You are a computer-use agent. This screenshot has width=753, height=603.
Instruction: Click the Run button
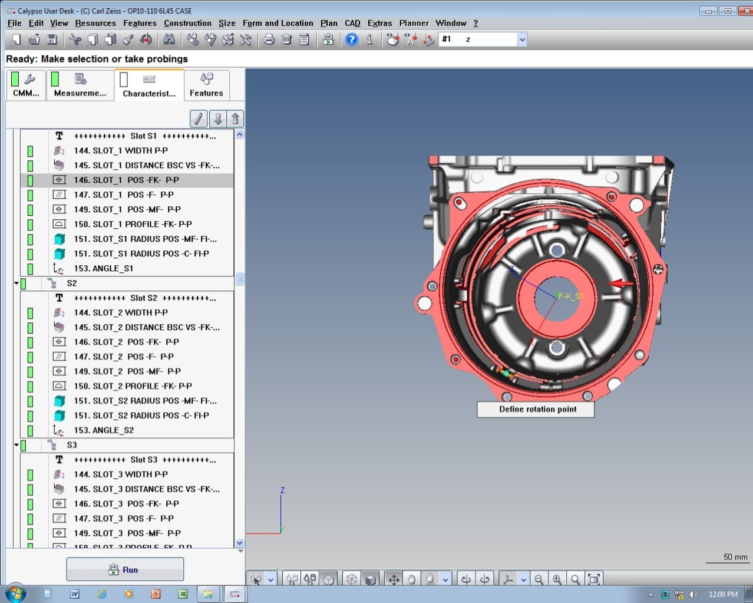(124, 569)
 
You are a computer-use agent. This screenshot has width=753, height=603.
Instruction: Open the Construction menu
(187, 23)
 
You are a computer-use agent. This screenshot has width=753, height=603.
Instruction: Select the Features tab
(206, 85)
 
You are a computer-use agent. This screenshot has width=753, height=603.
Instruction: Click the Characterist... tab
(149, 85)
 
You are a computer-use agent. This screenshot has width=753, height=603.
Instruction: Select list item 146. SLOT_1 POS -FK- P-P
(126, 180)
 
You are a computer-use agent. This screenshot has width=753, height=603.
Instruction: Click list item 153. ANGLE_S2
(104, 430)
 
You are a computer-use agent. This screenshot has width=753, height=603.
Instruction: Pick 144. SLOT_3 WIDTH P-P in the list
(121, 475)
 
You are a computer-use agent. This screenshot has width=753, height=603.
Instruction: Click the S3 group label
(72, 445)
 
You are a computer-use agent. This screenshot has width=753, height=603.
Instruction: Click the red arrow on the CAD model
(620, 284)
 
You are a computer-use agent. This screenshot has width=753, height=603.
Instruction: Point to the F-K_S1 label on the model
(570, 296)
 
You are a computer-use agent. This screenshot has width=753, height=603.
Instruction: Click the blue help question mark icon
(352, 39)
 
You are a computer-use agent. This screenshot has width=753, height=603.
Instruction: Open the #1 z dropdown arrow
(522, 39)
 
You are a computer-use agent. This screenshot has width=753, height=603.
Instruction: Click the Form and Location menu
(278, 23)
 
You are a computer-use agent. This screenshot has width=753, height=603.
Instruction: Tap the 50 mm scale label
(735, 557)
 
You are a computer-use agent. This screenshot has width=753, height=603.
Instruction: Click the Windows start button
(15, 593)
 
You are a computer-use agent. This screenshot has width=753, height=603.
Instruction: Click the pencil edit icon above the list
(199, 119)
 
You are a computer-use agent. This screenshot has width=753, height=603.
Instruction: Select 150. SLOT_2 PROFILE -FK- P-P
(133, 386)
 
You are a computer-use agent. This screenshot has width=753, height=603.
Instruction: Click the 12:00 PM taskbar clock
(722, 594)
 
